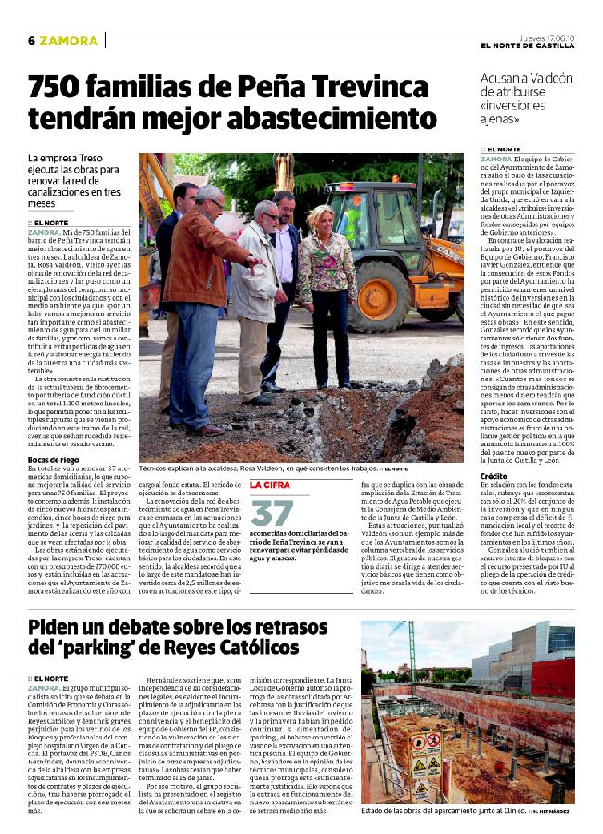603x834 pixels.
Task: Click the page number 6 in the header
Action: pos(31,41)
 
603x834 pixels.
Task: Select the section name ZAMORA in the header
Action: pos(69,41)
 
